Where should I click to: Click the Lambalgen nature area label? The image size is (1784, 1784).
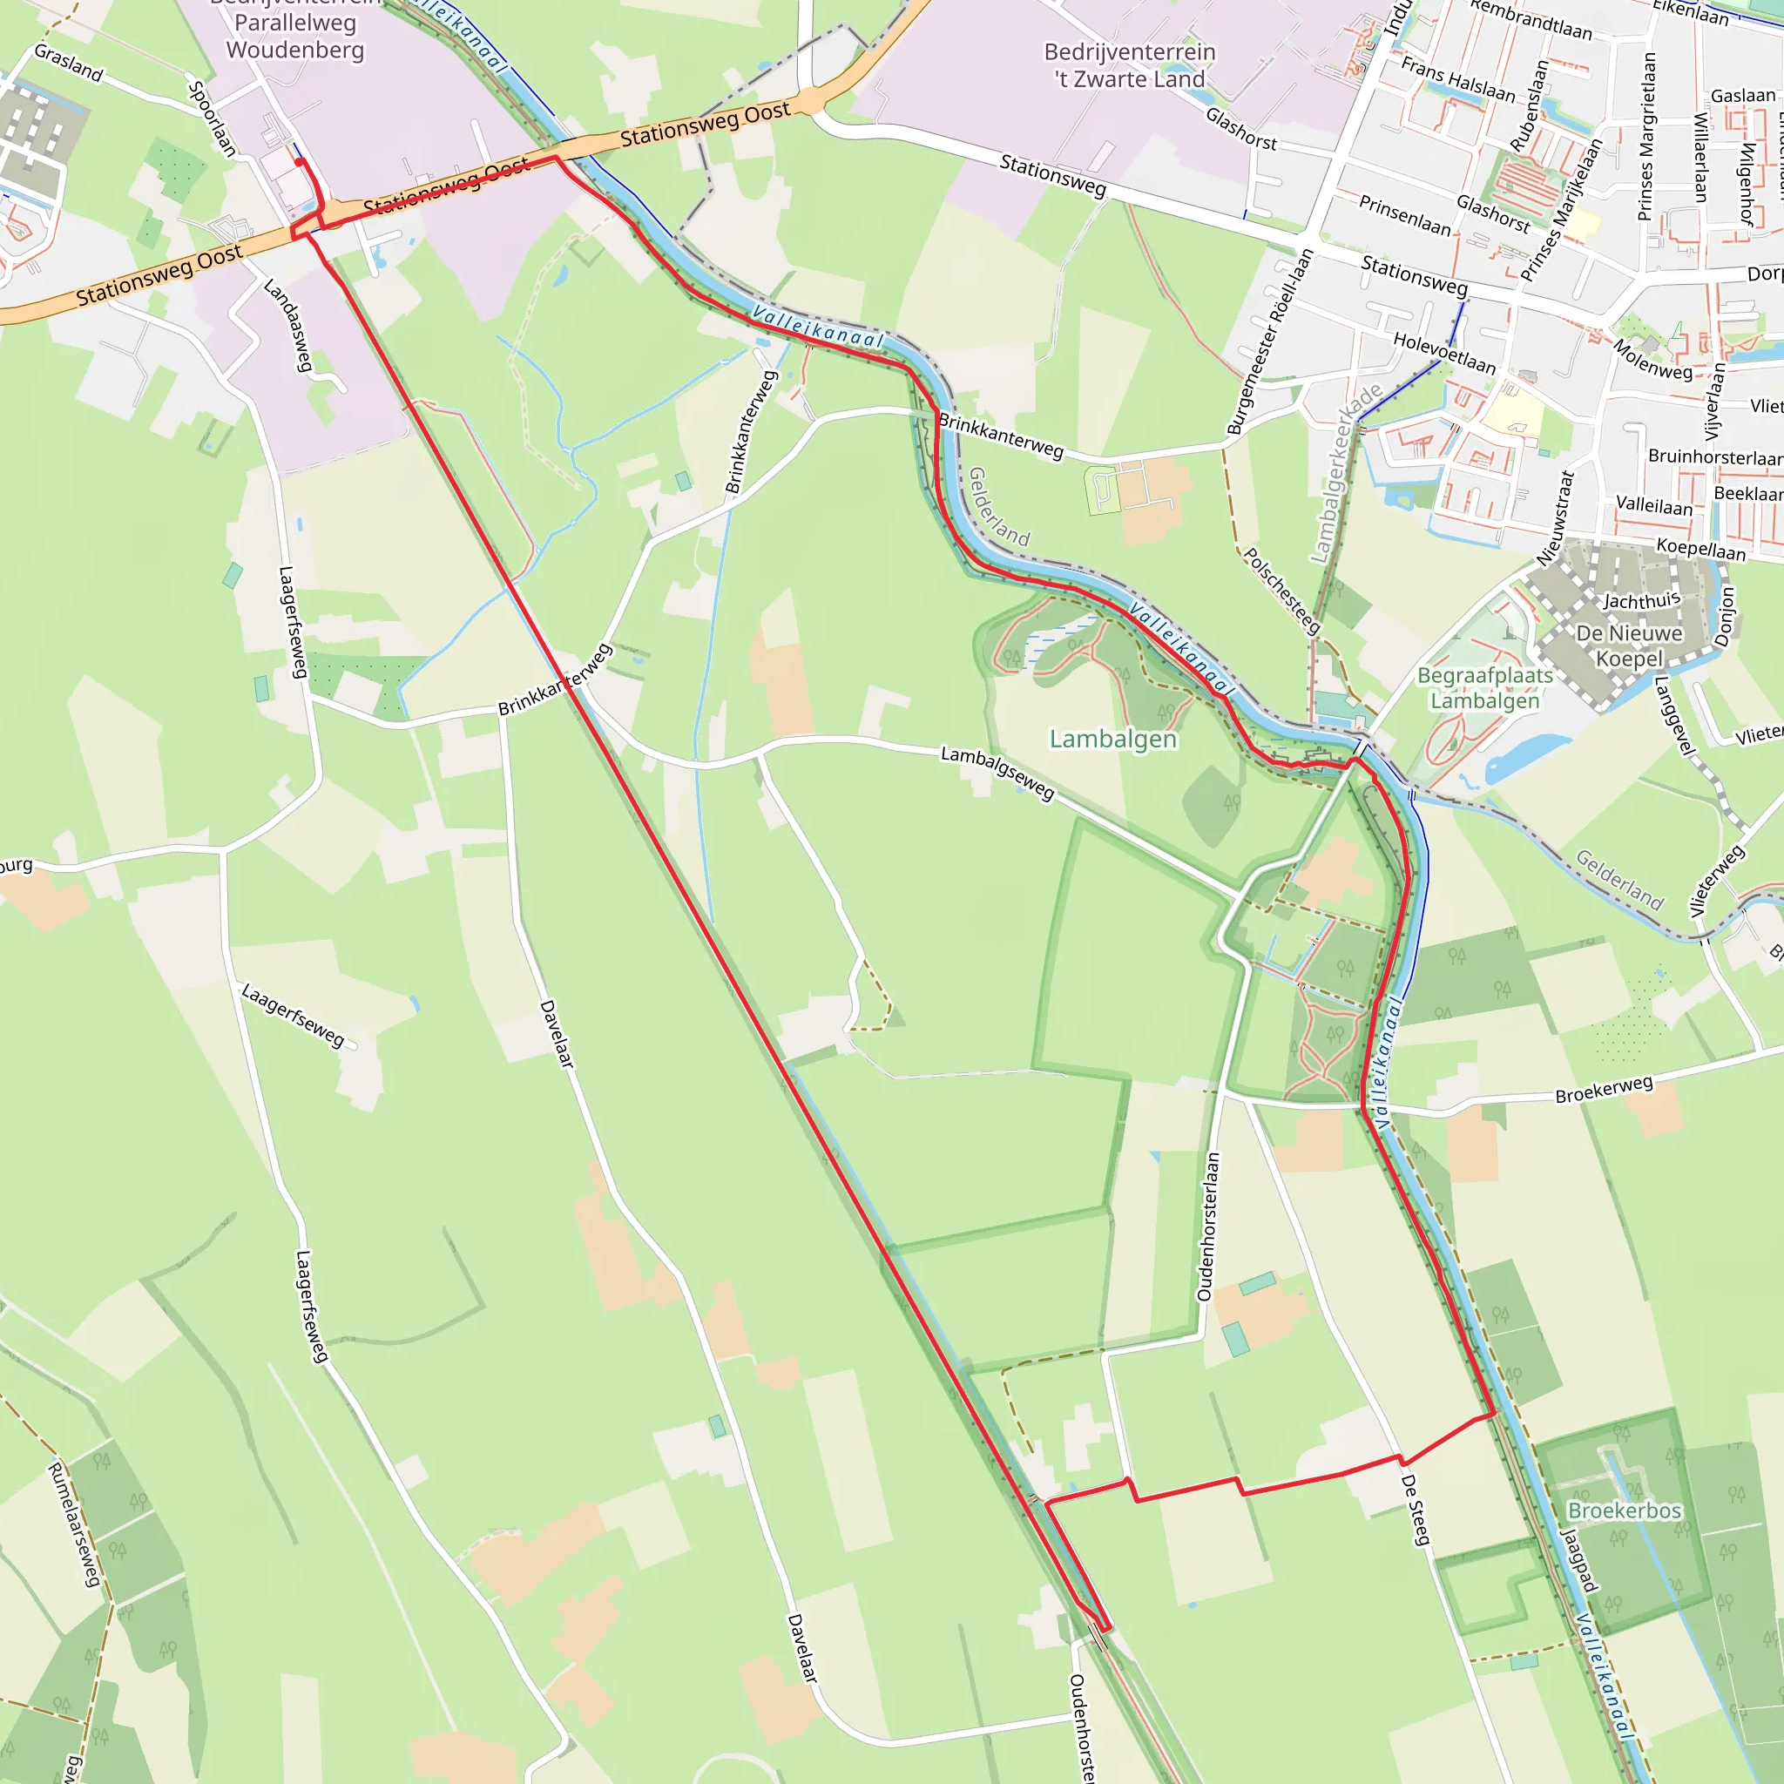tap(1112, 739)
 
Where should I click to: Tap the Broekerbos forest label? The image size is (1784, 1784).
tap(1625, 1510)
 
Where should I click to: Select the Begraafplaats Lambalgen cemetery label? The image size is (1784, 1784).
tap(1485, 688)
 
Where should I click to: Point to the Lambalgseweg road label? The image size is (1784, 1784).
tap(997, 772)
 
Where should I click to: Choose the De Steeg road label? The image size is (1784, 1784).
tap(1415, 1510)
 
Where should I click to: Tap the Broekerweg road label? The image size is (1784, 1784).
tap(1604, 1090)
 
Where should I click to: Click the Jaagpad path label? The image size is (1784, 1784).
tap(1578, 1560)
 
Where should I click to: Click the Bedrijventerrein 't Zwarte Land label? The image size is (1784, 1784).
tap(1129, 65)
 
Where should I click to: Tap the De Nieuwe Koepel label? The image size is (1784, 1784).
tap(1629, 645)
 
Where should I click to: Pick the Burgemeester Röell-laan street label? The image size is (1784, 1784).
tap(1270, 341)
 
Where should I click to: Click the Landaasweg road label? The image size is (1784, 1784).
tap(289, 325)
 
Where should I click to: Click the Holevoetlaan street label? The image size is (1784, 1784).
tap(1444, 354)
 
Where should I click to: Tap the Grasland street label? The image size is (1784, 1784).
tap(68, 62)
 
